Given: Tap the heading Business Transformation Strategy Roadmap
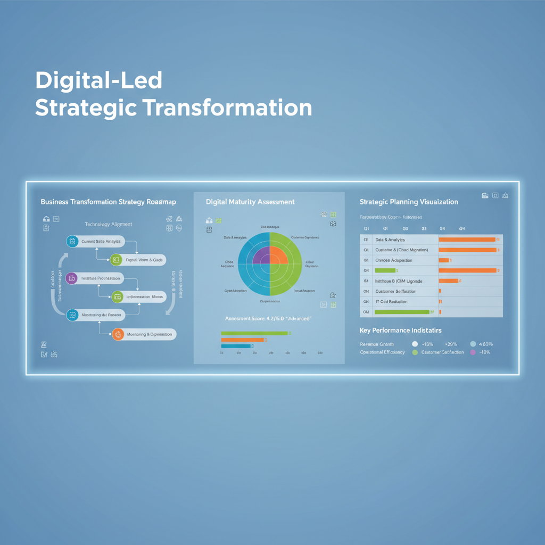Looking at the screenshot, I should click(x=108, y=202).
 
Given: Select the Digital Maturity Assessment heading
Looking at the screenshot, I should click(x=250, y=202).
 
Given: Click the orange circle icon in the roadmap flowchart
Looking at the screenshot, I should click(x=118, y=334).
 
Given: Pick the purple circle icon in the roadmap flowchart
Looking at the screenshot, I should click(x=72, y=278).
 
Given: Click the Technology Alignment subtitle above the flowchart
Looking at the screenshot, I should click(x=109, y=225).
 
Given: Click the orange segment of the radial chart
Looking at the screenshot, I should click(x=278, y=255).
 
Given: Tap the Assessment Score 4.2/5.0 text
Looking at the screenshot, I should click(x=268, y=318).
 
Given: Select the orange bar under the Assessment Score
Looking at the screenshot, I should click(x=243, y=340).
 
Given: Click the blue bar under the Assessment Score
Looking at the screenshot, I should click(x=236, y=346).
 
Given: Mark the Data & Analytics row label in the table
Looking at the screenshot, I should click(x=390, y=240).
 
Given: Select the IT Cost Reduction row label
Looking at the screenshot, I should click(x=391, y=302).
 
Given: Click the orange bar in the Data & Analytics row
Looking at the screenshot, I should click(x=467, y=240).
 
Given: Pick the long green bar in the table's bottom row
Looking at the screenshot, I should click(x=402, y=312).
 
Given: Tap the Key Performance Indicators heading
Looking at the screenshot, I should click(x=400, y=331).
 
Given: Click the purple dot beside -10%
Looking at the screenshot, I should click(x=473, y=352).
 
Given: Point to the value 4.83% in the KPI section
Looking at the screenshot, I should click(x=486, y=344).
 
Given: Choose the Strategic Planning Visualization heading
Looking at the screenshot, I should click(x=409, y=202).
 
